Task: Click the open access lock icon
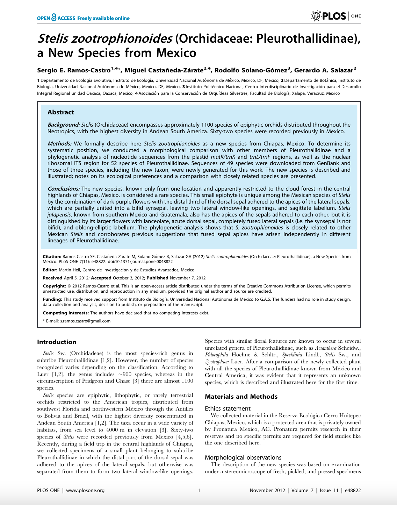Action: point(53,17)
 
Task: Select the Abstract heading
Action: point(60,112)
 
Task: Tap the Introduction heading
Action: point(57,342)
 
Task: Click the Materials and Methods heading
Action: point(241,397)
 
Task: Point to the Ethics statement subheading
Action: point(228,408)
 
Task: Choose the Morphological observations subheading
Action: point(243,457)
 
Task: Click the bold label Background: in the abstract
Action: point(64,125)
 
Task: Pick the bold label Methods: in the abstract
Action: point(60,144)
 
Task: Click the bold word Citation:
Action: point(52,257)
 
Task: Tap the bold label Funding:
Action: point(52,299)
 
